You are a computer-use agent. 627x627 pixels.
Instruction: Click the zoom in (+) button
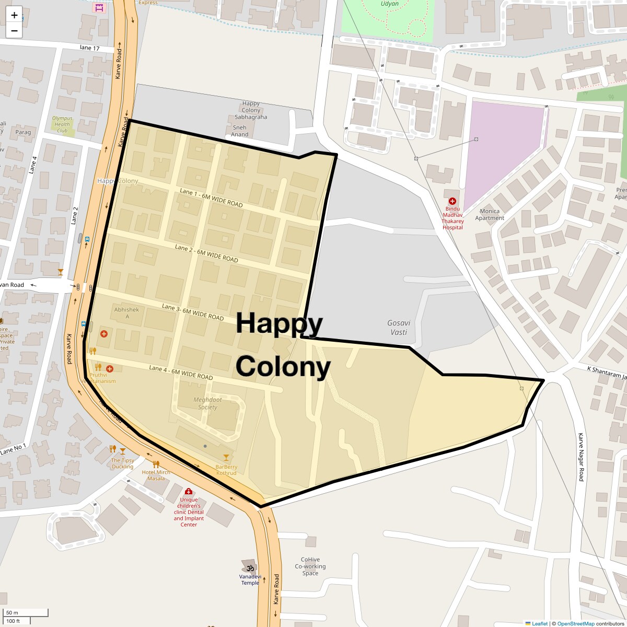pyautogui.click(x=14, y=15)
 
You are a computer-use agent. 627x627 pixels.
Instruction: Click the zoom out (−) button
pyautogui.click(x=14, y=30)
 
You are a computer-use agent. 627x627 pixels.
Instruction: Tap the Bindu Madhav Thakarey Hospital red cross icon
pyautogui.click(x=452, y=201)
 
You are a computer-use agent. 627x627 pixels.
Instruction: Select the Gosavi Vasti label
pyautogui.click(x=399, y=327)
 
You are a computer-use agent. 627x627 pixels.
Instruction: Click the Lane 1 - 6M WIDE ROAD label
pyautogui.click(x=211, y=198)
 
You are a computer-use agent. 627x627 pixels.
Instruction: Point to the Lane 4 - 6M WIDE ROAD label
pyautogui.click(x=181, y=373)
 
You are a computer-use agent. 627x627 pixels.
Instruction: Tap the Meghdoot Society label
pyautogui.click(x=207, y=403)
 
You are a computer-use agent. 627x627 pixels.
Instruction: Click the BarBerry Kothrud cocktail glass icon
pyautogui.click(x=226, y=457)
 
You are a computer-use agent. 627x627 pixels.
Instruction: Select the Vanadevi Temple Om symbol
pyautogui.click(x=250, y=568)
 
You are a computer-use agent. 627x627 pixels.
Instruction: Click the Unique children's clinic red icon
pyautogui.click(x=189, y=492)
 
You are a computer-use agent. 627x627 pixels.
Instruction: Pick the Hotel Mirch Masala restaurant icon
pyautogui.click(x=156, y=464)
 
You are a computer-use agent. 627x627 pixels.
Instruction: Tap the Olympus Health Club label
pyautogui.click(x=62, y=124)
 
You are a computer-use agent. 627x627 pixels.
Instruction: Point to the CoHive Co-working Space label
pyautogui.click(x=310, y=566)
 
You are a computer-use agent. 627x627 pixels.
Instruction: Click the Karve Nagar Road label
pyautogui.click(x=580, y=457)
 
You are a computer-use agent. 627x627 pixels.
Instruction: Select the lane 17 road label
pyautogui.click(x=89, y=48)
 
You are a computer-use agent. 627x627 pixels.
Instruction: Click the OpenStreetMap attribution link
pyautogui.click(x=575, y=623)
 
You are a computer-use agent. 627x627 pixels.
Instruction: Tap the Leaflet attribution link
pyautogui.click(x=539, y=623)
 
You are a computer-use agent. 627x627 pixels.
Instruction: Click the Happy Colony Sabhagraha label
pyautogui.click(x=251, y=110)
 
